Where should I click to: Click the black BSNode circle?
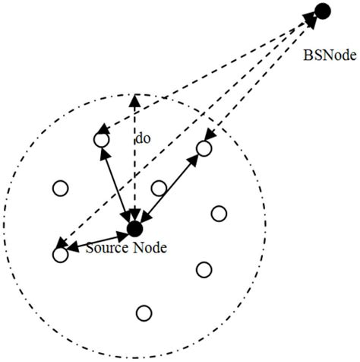coord(322,11)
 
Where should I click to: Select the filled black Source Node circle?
coord(134,228)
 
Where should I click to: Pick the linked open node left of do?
coord(100,139)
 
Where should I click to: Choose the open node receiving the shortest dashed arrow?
coord(204,148)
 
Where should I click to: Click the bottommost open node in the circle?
coord(144,313)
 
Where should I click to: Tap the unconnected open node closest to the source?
coord(159,188)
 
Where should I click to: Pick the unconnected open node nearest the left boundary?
coord(59,188)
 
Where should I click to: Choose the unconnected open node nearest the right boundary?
coord(219,214)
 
